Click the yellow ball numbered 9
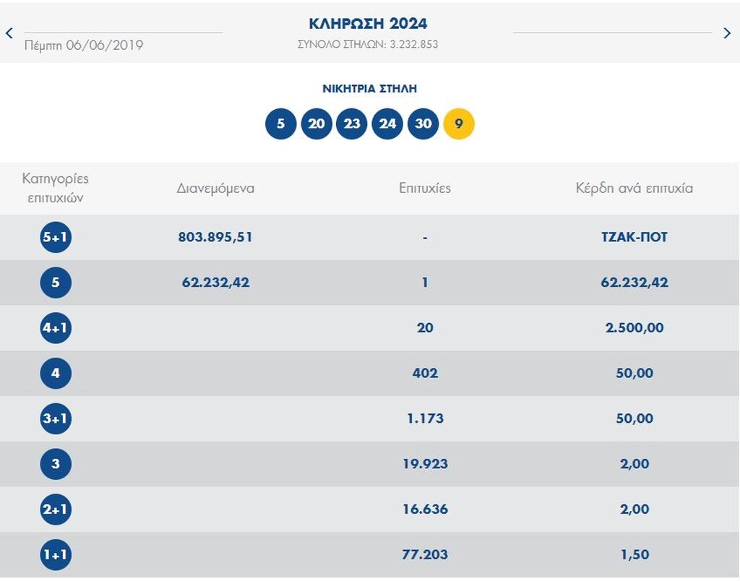coord(459,124)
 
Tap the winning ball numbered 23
coord(352,124)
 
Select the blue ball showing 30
coord(423,124)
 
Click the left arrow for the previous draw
coord(9,33)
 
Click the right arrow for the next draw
coord(727,33)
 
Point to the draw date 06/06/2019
coord(105,46)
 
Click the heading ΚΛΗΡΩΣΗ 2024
coord(368,24)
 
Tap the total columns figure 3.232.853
coord(414,44)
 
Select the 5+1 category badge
coord(56,237)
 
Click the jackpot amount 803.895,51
coord(215,237)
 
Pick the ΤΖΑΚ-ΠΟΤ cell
coord(634,237)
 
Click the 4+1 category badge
coord(56,327)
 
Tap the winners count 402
coord(425,373)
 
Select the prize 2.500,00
coord(634,327)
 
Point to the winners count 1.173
coord(425,418)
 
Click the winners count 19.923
coord(425,463)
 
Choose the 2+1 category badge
coord(56,509)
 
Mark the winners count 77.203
coord(425,554)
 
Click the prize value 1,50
coord(634,554)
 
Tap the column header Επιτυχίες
coord(425,189)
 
